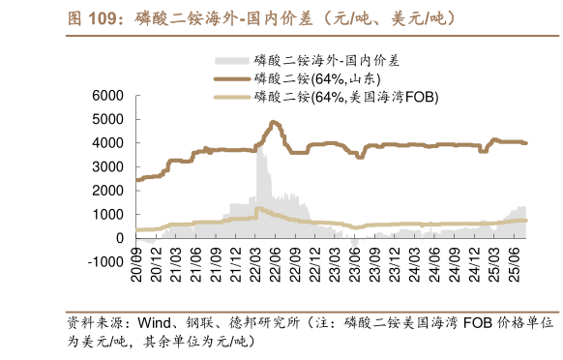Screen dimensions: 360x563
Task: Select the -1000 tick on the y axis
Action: click(105, 262)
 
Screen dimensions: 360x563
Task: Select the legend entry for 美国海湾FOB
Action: click(344, 97)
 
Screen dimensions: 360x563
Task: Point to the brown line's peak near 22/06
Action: click(274, 122)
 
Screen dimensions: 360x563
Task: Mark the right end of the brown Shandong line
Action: click(525, 143)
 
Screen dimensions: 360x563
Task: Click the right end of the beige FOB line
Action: click(525, 221)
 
